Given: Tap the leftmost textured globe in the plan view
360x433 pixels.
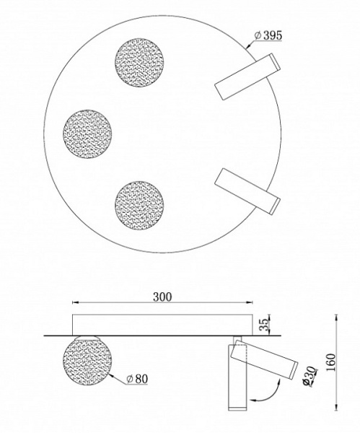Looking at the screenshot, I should pyautogui.click(x=87, y=133).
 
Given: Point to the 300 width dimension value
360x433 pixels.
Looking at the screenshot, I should pyautogui.click(x=162, y=296).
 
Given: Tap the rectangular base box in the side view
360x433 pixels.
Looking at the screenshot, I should pyautogui.click(x=162, y=324).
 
